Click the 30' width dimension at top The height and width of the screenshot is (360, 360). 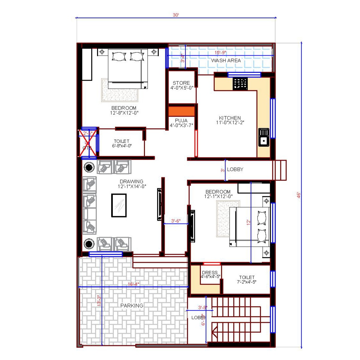pos(176,15)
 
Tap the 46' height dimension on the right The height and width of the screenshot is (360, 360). pos(298,195)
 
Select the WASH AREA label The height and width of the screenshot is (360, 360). pos(226,60)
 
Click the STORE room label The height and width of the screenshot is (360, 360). pos(181,83)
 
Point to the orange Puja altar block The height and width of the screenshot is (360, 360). pos(182,111)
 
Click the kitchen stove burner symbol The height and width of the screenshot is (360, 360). pos(240,84)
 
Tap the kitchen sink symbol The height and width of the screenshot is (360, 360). pos(264,137)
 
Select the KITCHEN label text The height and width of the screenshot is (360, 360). pos(230,118)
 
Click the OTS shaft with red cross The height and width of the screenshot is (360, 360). pos(87,143)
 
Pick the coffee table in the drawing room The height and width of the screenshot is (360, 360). pos(119,206)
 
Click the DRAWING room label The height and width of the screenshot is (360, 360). pos(131,181)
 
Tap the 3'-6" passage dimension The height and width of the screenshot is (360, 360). pos(175,221)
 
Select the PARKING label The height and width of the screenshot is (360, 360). pos(132,305)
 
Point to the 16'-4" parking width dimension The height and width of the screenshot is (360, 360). pos(133,284)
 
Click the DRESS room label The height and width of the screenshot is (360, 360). pos(210,273)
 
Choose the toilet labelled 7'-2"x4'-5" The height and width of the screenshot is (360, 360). pos(247,279)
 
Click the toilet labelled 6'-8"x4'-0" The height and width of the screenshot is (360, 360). pos(122,143)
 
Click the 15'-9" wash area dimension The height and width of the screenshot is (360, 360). pos(221,53)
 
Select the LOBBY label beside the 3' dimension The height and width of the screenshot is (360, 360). pos(235,169)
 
